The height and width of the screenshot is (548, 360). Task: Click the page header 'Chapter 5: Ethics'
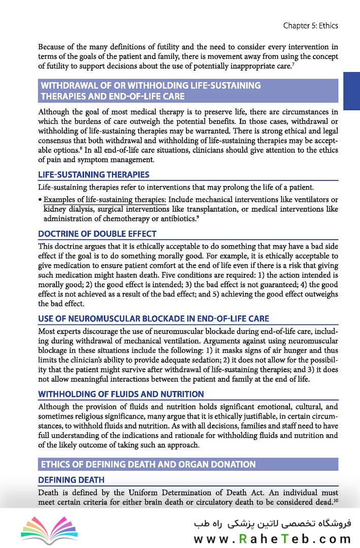click(311, 25)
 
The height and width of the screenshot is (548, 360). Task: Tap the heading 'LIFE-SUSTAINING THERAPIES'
click(94, 175)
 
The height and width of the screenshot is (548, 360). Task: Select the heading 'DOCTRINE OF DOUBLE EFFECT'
click(97, 234)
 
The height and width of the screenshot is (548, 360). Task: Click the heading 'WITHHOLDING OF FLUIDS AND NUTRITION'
click(121, 394)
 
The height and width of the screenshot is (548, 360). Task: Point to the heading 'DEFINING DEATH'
click(72, 479)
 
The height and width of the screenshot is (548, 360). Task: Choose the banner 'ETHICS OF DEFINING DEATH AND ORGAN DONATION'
click(148, 464)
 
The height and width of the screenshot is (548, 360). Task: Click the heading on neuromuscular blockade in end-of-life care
click(154, 319)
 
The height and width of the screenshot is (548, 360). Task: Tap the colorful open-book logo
click(43, 527)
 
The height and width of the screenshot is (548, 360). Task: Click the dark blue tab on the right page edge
click(351, 91)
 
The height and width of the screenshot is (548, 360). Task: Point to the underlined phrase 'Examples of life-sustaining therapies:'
click(105, 199)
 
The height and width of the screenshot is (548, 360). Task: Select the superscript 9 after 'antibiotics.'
click(198, 217)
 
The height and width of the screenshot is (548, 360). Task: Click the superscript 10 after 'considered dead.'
click(336, 500)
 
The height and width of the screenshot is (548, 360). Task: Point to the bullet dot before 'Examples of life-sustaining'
click(40, 200)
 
